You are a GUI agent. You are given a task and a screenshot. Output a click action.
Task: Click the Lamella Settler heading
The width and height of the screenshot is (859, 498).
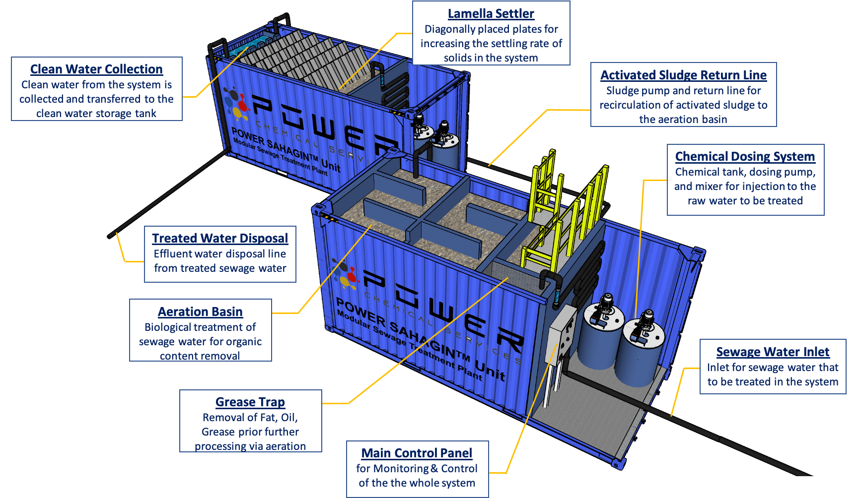tap(491, 14)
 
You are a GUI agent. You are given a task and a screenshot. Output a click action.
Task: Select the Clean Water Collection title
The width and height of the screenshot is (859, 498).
tap(96, 69)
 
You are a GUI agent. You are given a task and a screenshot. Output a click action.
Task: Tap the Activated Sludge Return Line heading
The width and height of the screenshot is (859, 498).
tap(683, 75)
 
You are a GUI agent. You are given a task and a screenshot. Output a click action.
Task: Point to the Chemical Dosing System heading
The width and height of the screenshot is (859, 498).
tap(745, 157)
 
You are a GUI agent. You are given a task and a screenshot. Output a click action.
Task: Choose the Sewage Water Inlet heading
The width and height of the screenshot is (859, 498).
tap(773, 352)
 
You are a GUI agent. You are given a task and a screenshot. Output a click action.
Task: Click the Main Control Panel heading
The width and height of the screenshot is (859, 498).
tap(417, 453)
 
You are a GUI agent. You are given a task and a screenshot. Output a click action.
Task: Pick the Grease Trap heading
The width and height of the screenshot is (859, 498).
tap(250, 402)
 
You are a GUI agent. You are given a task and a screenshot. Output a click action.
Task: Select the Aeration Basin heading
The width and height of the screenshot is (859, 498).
tap(200, 312)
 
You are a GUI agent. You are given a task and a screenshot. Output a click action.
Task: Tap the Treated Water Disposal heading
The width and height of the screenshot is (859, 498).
tap(220, 239)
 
